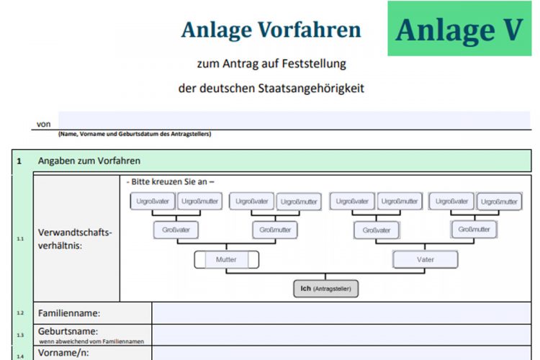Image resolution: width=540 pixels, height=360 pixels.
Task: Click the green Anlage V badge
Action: point(459,29)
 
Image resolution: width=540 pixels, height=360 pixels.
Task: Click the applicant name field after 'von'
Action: point(294,120)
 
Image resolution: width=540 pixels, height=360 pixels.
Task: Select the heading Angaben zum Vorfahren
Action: point(89,161)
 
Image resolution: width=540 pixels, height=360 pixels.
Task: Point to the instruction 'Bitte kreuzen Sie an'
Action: point(171,181)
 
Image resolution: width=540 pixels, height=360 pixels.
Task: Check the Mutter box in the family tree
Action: point(226,259)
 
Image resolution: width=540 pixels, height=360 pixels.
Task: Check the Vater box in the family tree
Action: point(425,259)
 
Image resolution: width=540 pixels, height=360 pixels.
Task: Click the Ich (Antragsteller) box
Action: point(325,289)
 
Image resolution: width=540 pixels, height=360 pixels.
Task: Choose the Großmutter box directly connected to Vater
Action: point(474,230)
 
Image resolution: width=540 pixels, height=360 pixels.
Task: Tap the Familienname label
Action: point(69,313)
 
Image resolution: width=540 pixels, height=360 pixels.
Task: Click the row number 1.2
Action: point(20,313)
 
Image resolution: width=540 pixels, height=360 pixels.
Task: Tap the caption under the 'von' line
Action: point(134,134)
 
